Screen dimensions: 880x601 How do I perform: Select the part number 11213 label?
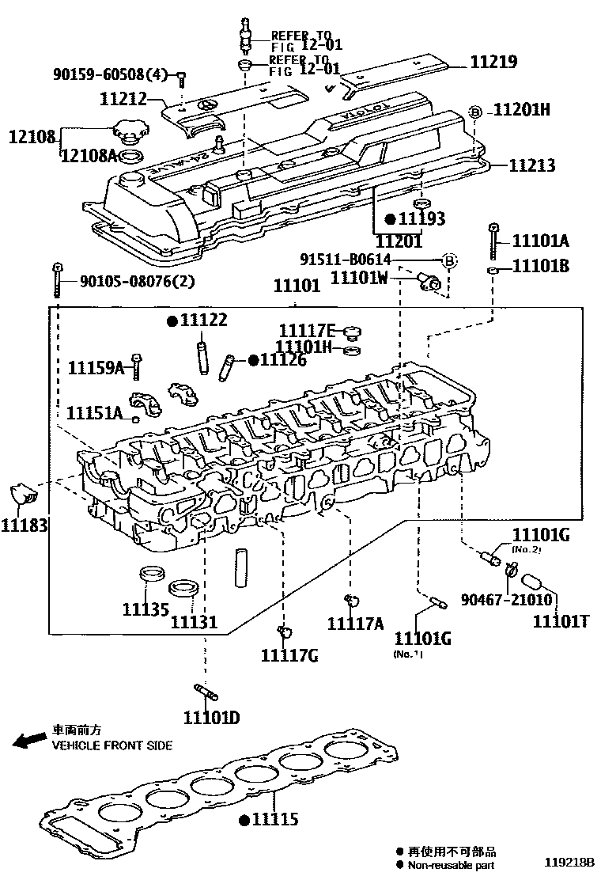coord(531,165)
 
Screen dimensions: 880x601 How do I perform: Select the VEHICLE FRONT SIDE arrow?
coord(30,741)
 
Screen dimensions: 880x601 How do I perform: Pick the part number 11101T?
coord(560,621)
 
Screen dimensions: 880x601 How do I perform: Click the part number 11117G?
coord(289,654)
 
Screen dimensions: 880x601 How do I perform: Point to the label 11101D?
coord(211,718)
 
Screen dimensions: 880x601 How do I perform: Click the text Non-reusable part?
coord(452,865)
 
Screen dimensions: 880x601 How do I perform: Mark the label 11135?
coord(146,609)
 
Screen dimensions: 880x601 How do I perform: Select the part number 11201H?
coord(522,110)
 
